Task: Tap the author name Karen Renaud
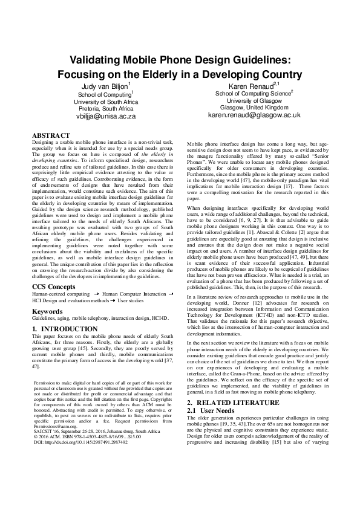click(252, 86)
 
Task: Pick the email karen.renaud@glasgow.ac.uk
click(254, 114)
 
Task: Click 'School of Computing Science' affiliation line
click(253, 94)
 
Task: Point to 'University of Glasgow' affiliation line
click(254, 100)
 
